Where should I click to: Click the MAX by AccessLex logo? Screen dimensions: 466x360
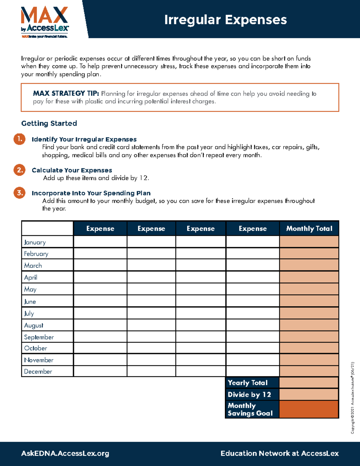pos(45,22)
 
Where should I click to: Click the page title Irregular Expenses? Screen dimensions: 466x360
pos(225,20)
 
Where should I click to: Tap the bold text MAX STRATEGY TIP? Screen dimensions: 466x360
pos(66,94)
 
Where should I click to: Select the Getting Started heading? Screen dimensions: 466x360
pos(49,123)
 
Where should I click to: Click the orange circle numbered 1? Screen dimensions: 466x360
pos(19,139)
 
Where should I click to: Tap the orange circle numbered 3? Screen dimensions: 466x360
pos(19,193)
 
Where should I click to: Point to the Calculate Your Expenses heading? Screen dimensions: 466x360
pos(72,170)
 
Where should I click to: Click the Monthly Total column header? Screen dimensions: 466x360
pos(309,229)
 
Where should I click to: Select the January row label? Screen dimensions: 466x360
pos(35,242)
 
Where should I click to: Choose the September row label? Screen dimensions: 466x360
pos(39,337)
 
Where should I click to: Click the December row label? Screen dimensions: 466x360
pos(38,371)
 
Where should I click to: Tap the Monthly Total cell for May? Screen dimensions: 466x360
pos(309,289)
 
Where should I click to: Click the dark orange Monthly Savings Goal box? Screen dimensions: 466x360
pos(309,409)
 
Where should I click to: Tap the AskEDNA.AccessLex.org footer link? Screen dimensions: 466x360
pos(65,453)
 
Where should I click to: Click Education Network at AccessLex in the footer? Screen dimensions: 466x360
pos(280,453)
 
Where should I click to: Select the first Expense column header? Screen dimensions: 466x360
pos(100,229)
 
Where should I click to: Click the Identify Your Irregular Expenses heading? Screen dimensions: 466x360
pos(84,139)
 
